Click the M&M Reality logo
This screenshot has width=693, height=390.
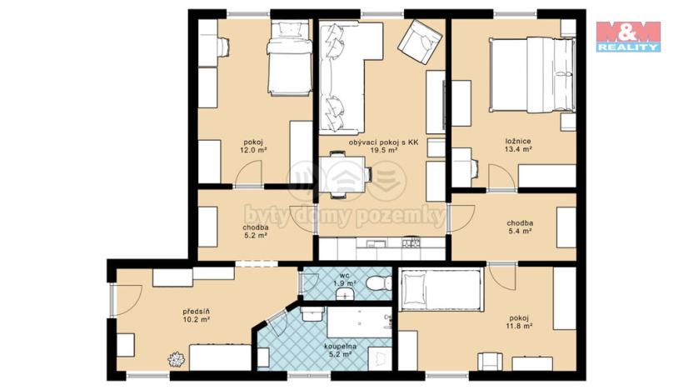point(628,37)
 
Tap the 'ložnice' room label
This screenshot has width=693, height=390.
point(518,142)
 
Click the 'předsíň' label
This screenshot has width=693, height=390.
point(196,310)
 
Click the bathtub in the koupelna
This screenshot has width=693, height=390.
point(358,323)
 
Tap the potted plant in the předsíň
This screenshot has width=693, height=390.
point(177,359)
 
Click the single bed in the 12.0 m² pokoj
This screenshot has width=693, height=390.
point(287,59)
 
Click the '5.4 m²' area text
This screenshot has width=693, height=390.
point(520,232)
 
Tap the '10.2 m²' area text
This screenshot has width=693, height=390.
point(197,319)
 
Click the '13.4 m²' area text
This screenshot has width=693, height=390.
point(518,151)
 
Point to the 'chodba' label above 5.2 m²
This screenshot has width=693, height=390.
point(255,227)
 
